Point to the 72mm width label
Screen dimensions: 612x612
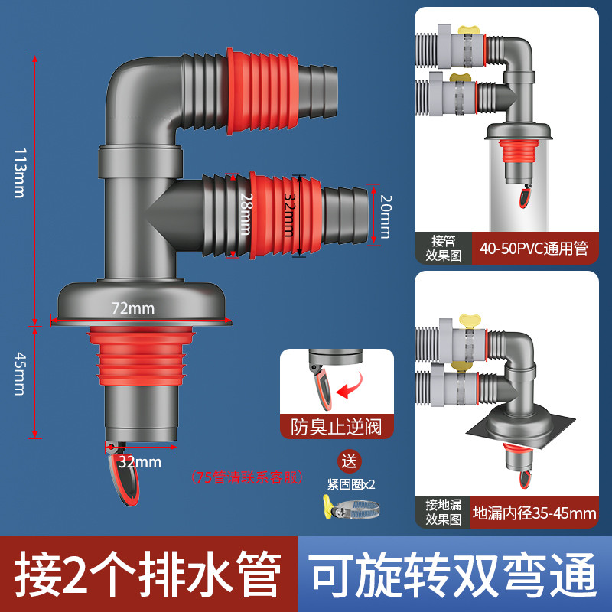[133, 308]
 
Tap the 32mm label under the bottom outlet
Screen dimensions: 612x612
[139, 461]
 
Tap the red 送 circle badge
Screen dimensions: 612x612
[350, 461]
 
